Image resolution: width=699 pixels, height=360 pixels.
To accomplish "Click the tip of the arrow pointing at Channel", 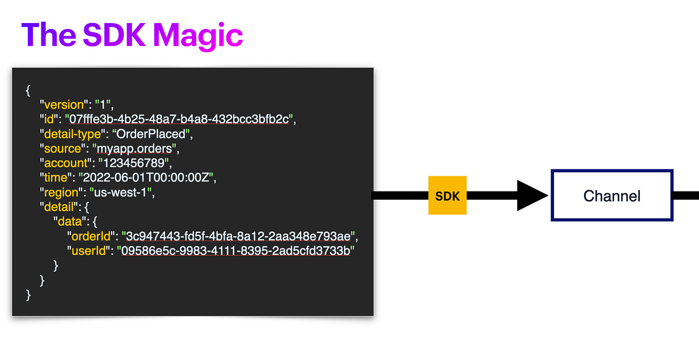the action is (x=548, y=195).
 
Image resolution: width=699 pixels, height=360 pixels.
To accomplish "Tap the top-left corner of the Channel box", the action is (x=551, y=170).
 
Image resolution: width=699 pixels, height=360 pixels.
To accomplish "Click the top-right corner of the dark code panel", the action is (x=374, y=68).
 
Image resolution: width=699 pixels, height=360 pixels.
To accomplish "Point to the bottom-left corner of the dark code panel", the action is (x=12, y=316).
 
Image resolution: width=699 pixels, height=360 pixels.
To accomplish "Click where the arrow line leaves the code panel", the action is (x=374, y=195).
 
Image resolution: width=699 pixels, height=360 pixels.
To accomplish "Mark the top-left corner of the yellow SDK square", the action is (x=428, y=176).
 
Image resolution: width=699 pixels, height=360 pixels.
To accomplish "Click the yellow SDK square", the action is (x=447, y=195).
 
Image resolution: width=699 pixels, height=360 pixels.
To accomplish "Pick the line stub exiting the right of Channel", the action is (x=686, y=195).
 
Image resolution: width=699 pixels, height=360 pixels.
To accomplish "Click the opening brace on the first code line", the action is (x=28, y=90).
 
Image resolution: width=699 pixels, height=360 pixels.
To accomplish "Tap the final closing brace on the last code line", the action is (x=28, y=295).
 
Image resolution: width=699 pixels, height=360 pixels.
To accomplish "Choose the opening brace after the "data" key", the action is (x=95, y=222).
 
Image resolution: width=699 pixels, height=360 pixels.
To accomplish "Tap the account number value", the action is (x=133, y=163).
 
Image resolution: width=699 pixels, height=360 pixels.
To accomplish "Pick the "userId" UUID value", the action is (x=236, y=251).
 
